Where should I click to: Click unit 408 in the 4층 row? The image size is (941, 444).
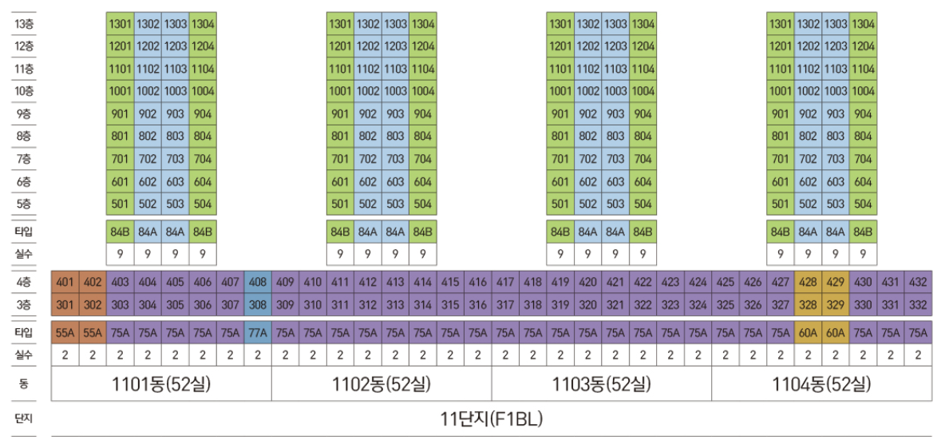(258, 282)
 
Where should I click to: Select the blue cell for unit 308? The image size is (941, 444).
(258, 304)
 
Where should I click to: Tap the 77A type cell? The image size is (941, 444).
(258, 333)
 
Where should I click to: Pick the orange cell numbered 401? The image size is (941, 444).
(65, 282)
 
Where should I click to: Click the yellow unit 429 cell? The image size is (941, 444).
(835, 282)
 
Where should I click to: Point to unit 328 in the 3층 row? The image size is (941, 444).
(808, 304)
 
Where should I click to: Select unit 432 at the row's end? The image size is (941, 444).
(918, 282)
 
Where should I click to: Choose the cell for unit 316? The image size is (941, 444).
(477, 304)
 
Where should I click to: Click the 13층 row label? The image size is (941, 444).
(24, 24)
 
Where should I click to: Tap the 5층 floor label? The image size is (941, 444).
(24, 204)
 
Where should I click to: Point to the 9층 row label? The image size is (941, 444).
(24, 114)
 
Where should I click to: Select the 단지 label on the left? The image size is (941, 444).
(24, 418)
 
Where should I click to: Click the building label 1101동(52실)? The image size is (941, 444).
(161, 385)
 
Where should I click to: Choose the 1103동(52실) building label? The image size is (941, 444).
(601, 385)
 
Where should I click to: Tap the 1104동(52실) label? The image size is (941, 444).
(821, 385)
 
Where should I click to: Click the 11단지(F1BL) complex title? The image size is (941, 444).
(491, 418)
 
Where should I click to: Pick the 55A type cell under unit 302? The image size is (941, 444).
(93, 333)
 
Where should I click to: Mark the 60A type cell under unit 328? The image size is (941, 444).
(808, 333)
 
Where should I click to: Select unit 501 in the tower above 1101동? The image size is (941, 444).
(120, 204)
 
